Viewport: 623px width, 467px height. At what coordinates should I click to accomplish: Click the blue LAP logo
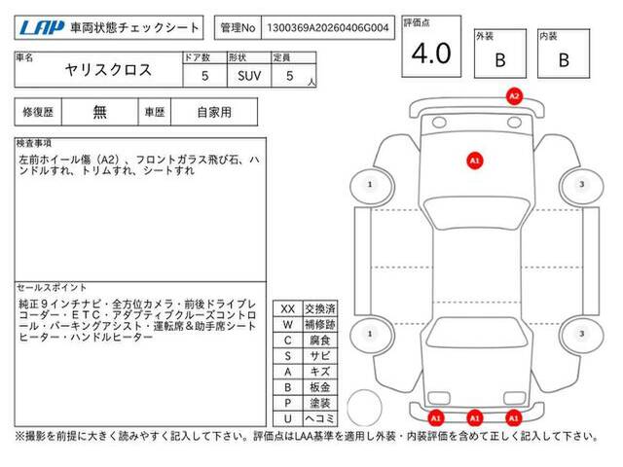tap(41, 28)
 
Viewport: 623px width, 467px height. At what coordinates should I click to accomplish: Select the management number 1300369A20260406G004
tap(328, 28)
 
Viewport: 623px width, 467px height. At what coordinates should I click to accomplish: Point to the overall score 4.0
tap(431, 53)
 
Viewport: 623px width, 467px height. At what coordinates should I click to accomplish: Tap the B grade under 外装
tap(500, 60)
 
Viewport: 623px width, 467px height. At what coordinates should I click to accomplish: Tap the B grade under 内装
tap(564, 60)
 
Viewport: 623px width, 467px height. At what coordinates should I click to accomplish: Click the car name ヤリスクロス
tap(108, 70)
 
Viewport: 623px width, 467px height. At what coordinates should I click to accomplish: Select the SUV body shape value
tap(249, 76)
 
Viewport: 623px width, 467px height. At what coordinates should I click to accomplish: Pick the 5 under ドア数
tap(204, 76)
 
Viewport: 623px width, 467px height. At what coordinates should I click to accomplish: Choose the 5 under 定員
tap(290, 76)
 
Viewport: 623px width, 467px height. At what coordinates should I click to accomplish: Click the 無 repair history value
tap(99, 112)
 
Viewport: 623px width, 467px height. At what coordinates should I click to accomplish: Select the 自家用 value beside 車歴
tap(214, 112)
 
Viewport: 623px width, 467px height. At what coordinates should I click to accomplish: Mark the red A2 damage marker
tap(514, 96)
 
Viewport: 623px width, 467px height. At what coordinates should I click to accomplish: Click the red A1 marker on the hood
tap(475, 161)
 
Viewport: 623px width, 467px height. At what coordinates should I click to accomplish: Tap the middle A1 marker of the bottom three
tap(475, 418)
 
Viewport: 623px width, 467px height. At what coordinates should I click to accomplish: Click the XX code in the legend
tap(288, 309)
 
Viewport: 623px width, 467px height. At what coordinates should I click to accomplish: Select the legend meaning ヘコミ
tap(320, 418)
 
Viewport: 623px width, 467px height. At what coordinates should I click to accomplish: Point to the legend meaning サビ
tap(320, 356)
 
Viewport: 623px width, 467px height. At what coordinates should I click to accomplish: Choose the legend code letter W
tap(288, 324)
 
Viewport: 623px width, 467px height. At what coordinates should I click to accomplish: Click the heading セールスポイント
tap(52, 288)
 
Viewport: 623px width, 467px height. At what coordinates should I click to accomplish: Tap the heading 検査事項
tap(34, 143)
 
